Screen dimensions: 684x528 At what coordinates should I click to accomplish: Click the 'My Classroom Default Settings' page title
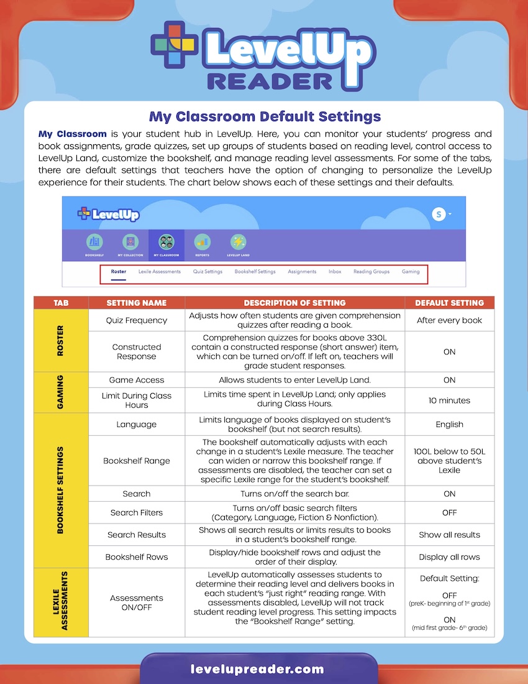point(265,116)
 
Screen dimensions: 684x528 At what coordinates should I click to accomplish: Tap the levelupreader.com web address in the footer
point(257,670)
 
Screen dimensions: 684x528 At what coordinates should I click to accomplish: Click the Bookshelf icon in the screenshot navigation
point(94,243)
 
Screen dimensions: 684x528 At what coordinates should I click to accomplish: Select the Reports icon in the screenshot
point(202,243)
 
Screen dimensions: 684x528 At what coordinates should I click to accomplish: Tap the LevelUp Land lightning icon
point(238,243)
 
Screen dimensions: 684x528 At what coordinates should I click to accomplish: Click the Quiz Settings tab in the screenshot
point(207,272)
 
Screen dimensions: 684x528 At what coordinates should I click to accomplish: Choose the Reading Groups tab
point(371,272)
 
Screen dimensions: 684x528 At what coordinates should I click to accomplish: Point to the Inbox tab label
point(335,272)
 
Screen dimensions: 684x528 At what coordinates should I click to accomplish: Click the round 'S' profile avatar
point(439,214)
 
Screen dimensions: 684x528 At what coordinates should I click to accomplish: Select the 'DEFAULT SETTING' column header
point(449,303)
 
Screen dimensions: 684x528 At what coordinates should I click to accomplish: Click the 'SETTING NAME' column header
point(137,303)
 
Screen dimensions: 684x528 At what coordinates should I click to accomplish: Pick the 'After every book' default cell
point(449,320)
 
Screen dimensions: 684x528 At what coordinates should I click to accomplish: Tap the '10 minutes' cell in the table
point(449,400)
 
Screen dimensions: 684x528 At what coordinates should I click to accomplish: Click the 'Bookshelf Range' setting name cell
point(137,461)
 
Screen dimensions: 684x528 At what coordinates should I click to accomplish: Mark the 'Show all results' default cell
point(449,535)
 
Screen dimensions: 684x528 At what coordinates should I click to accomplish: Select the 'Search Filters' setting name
point(137,513)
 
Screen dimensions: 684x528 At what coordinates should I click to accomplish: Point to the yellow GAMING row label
point(61,391)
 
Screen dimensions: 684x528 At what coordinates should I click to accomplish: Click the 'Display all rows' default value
point(449,557)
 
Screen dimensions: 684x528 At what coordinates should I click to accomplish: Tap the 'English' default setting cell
point(449,424)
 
